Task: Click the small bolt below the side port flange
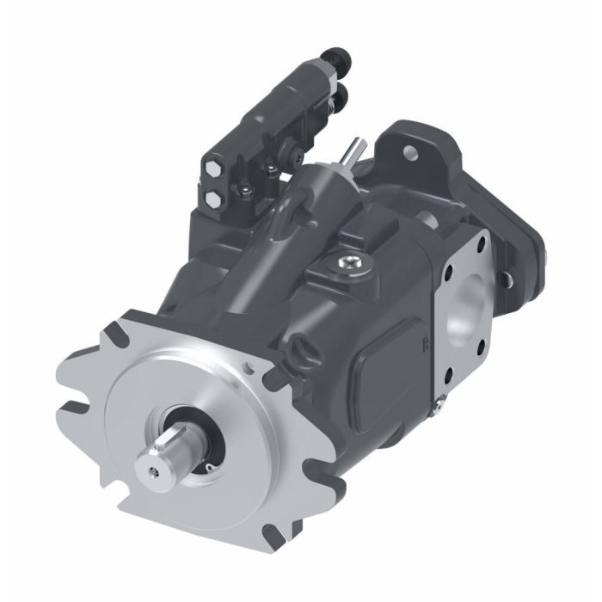442,397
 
